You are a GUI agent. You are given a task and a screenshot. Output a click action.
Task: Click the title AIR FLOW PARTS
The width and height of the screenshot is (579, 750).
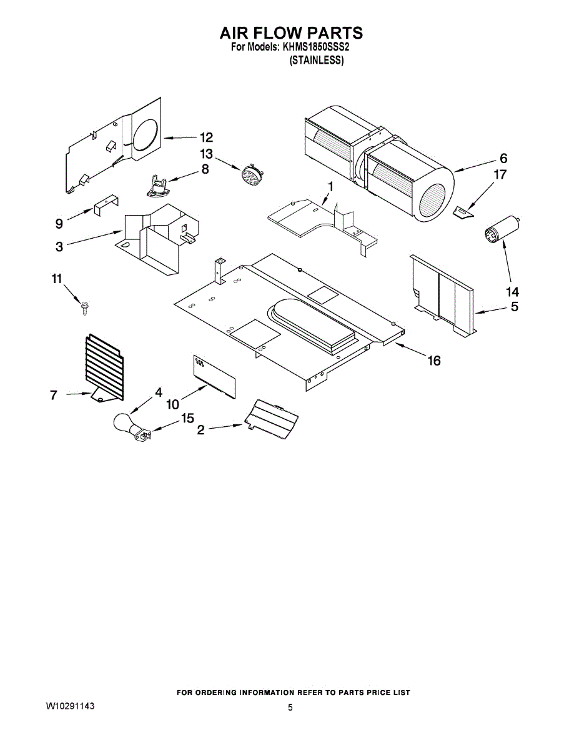click(x=290, y=32)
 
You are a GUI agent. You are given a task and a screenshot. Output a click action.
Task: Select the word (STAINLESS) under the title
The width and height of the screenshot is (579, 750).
click(x=315, y=61)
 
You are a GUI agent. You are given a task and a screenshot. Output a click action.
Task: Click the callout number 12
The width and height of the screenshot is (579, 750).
click(x=206, y=137)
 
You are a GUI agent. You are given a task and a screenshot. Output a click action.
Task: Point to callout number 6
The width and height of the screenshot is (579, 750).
click(x=503, y=158)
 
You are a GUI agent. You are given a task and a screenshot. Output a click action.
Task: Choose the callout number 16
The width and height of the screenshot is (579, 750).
click(x=433, y=360)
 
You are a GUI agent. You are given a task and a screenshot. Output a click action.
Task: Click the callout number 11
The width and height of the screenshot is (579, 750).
click(x=57, y=279)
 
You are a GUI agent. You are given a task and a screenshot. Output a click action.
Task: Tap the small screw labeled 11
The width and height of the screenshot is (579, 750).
click(x=84, y=307)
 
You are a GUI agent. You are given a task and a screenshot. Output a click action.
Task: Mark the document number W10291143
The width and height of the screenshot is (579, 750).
click(x=70, y=705)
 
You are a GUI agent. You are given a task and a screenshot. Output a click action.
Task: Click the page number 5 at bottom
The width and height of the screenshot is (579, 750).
click(x=290, y=707)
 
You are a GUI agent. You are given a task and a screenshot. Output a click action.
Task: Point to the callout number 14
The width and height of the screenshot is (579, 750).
click(x=512, y=291)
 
